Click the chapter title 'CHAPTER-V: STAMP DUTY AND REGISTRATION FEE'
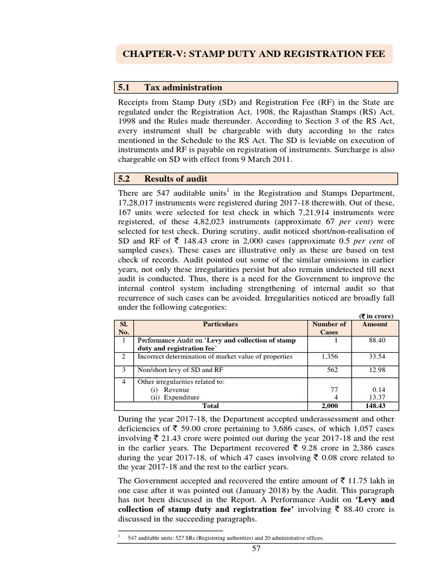(x=254, y=55)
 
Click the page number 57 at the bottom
(x=256, y=550)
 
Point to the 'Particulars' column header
(x=220, y=324)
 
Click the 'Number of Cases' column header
(x=329, y=328)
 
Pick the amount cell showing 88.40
(x=376, y=341)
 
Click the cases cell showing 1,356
(x=329, y=357)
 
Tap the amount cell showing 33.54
(x=376, y=357)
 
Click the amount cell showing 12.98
(x=376, y=370)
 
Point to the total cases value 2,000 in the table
(x=329, y=406)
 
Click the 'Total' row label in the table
(x=210, y=406)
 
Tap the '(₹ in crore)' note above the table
(x=375, y=316)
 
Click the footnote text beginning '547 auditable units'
(x=225, y=538)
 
